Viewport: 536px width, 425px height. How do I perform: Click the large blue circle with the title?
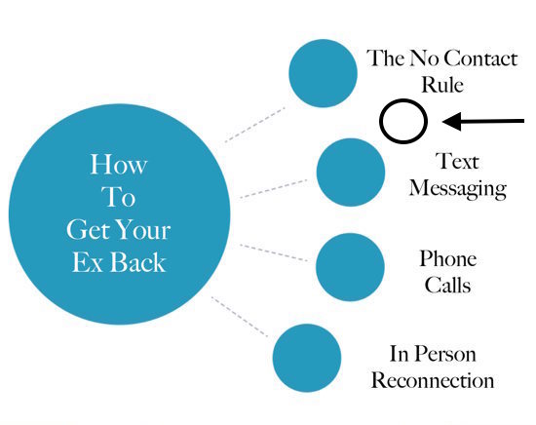pyautogui.click(x=119, y=214)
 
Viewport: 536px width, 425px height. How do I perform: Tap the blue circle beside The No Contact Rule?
pyautogui.click(x=323, y=73)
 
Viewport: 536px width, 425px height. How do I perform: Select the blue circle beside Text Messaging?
pyautogui.click(x=351, y=173)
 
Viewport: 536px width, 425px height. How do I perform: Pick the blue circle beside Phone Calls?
pyautogui.click(x=351, y=267)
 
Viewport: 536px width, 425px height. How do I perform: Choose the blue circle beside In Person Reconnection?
pyautogui.click(x=307, y=358)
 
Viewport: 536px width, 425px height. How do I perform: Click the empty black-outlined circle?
pyautogui.click(x=380, y=121)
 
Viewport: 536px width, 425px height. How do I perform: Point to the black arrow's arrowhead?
pyautogui.click(x=451, y=121)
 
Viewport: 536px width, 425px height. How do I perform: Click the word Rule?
pyautogui.click(x=442, y=85)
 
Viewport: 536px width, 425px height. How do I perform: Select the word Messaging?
pyautogui.click(x=458, y=188)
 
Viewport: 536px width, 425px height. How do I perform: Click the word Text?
pyautogui.click(x=457, y=161)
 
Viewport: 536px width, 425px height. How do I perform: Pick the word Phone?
pyautogui.click(x=448, y=258)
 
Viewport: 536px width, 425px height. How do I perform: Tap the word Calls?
pyautogui.click(x=448, y=285)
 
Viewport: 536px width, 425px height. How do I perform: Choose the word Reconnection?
pyautogui.click(x=433, y=380)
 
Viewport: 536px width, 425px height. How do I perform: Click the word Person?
pyautogui.click(x=446, y=354)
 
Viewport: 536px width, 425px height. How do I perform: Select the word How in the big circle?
pyautogui.click(x=119, y=165)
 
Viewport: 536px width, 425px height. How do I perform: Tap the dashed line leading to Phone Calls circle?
pyautogui.click(x=274, y=253)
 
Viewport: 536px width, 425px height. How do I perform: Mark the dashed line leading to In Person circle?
pyautogui.click(x=240, y=317)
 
